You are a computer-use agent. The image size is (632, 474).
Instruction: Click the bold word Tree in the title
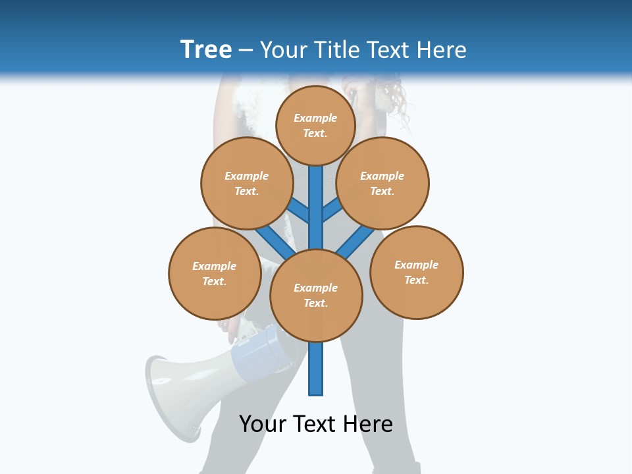tap(206, 49)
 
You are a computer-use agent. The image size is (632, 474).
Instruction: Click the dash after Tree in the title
tap(246, 50)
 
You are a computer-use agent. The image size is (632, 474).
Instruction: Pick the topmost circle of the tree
tap(315, 125)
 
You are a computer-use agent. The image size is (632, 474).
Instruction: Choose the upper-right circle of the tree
tap(382, 183)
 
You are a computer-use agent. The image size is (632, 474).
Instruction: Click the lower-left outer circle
tap(215, 273)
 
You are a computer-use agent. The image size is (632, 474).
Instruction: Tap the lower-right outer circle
tap(417, 273)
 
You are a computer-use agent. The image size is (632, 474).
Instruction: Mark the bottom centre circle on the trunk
tap(316, 296)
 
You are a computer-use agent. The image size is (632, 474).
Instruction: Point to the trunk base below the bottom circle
tap(316, 369)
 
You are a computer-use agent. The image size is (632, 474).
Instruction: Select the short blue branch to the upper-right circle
tap(332, 210)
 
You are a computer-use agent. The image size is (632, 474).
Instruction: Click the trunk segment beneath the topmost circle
tap(316, 197)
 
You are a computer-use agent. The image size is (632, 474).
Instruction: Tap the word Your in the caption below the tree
tap(263, 424)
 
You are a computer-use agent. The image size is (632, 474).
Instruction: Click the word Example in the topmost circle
tap(315, 118)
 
